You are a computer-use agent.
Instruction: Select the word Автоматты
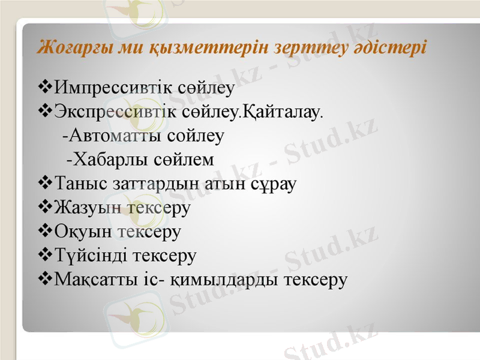(118, 136)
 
